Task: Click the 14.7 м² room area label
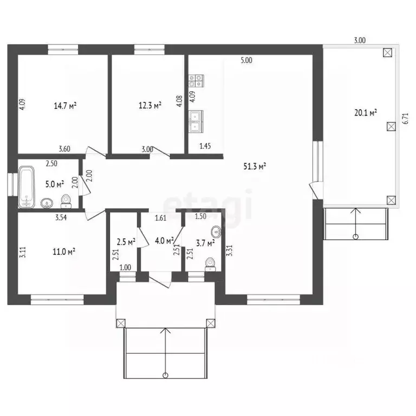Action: pos(65,106)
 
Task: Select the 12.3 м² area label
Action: pos(150,106)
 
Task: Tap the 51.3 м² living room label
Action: pos(255,166)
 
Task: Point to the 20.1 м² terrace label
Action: pos(366,113)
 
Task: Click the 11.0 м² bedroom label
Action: pos(64,251)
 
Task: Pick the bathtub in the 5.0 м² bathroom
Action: pos(27,187)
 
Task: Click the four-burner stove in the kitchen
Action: pos(196,81)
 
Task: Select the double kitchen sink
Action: pos(196,121)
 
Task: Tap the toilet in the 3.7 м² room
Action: pos(210,264)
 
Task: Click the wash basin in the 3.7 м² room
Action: pos(217,232)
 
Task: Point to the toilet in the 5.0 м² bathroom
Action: pos(66,201)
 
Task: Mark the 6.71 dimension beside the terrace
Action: pos(406,119)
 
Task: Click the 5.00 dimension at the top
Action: pos(246,61)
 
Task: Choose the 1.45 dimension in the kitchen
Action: pos(205,146)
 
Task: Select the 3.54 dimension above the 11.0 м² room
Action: pos(61,218)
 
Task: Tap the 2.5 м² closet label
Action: pos(126,242)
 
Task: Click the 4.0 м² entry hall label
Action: pos(164,241)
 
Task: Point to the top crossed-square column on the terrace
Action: pos(388,53)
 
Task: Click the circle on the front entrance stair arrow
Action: pos(166,375)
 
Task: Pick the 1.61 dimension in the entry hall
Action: pos(160,218)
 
